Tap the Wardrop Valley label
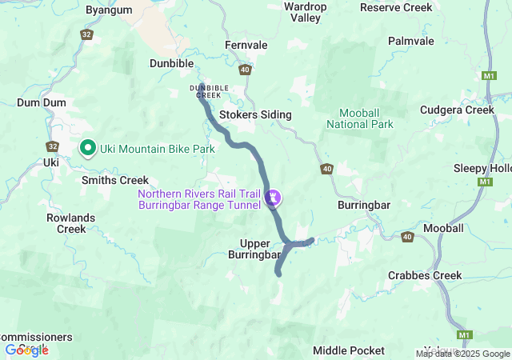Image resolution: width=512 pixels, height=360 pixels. click(306, 12)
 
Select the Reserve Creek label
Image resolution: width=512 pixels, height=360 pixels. click(396, 7)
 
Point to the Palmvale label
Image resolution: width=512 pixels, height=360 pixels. click(411, 40)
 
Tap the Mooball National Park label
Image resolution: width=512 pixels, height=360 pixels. click(360, 118)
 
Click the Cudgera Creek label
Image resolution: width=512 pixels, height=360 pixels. click(463, 110)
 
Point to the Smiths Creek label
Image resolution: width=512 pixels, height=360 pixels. click(115, 181)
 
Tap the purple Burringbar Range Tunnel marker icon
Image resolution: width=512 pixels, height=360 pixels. click(274, 195)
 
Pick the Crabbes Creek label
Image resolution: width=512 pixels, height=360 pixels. click(425, 275)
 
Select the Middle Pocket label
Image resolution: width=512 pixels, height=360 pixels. click(348, 350)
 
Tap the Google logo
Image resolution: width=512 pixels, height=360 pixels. click(26, 350)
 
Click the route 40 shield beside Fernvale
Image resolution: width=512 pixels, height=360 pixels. click(245, 70)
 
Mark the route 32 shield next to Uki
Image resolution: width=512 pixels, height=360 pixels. click(52, 146)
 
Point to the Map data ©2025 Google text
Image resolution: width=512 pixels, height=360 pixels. click(462, 354)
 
